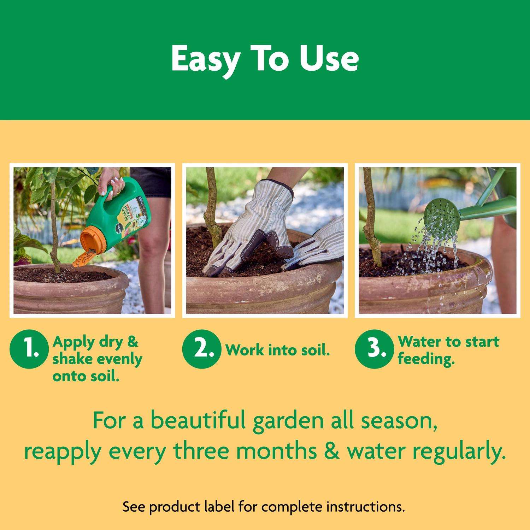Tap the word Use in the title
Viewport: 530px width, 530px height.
(329, 59)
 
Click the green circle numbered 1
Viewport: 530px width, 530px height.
(29, 348)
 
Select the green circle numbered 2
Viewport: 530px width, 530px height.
(201, 348)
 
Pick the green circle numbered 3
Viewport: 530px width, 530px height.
(373, 348)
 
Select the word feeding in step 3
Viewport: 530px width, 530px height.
(426, 359)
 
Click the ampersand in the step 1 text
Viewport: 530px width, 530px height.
(132, 342)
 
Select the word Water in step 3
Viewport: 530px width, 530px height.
(418, 342)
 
